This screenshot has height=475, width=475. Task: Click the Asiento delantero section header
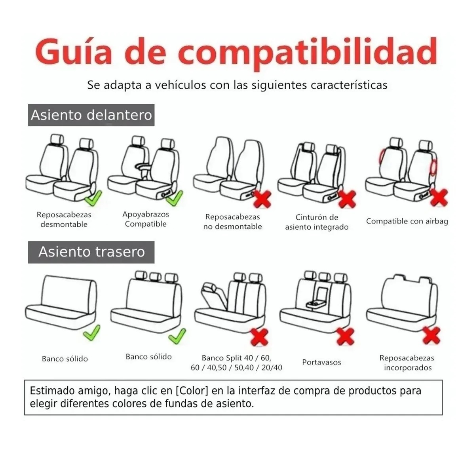click(91, 115)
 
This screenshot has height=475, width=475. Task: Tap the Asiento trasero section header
click(91, 252)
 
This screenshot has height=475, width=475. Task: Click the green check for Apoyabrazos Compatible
click(175, 198)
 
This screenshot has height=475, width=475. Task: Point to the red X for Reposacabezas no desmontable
click(263, 199)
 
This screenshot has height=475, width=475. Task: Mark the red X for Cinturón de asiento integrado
click(347, 199)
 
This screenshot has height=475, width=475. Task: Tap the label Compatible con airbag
click(407, 221)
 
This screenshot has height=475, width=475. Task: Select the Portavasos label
click(321, 362)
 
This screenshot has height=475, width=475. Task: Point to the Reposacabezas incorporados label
click(407, 363)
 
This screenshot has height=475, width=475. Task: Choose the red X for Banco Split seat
click(260, 337)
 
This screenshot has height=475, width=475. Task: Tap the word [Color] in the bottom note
click(192, 391)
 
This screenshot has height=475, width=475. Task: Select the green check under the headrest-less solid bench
click(92, 332)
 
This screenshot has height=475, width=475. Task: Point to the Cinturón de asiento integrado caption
click(317, 222)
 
